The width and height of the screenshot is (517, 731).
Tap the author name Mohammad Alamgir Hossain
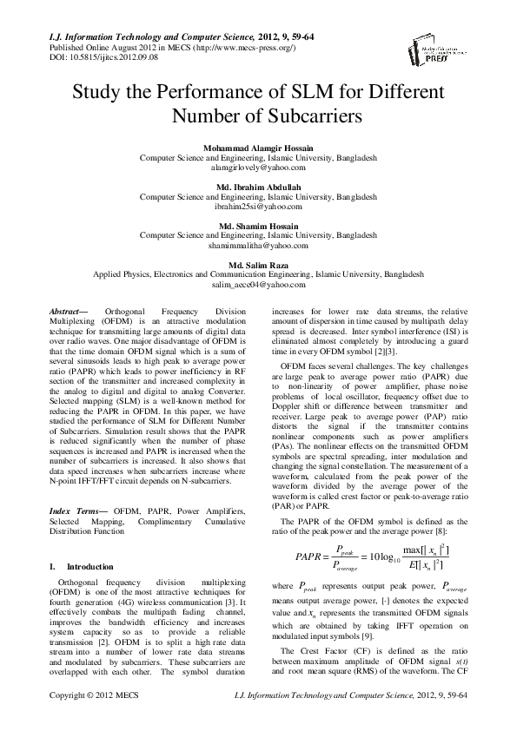[258, 149]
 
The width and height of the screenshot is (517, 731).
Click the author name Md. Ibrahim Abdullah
[258, 188]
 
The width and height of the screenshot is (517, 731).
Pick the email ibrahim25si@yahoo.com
[258, 207]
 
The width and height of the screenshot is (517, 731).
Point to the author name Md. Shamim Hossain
[258, 226]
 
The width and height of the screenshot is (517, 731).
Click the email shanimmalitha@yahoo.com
[258, 246]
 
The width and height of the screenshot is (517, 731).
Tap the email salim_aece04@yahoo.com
[258, 284]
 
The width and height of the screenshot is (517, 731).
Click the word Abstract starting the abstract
[63, 310]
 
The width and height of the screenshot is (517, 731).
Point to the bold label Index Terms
[70, 510]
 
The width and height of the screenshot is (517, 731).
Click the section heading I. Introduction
[77, 566]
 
